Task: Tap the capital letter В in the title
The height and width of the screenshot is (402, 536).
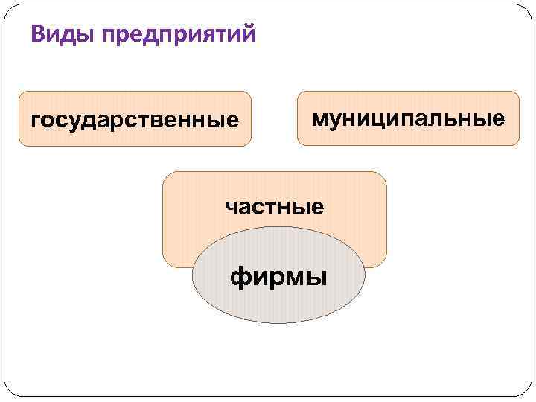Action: pos(38,33)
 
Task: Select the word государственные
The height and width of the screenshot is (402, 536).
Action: pos(135,119)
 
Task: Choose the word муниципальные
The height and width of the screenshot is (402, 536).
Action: pos(408,118)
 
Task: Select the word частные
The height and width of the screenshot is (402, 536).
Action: pos(275,206)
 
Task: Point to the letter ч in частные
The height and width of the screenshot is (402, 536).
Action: pos(232,206)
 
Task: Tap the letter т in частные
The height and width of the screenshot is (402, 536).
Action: pos(273,206)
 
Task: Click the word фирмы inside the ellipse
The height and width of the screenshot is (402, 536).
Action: pos(278,278)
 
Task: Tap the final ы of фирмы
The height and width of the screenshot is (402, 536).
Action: pos(316,278)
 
